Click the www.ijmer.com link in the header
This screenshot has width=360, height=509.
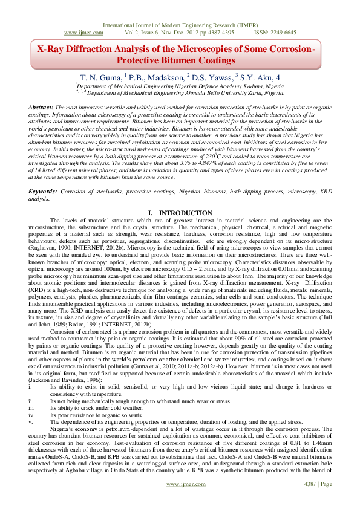[82, 33]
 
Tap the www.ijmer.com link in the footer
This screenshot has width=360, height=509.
[184, 502]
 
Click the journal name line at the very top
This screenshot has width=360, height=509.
[180, 24]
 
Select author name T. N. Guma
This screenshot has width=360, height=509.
[101, 77]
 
